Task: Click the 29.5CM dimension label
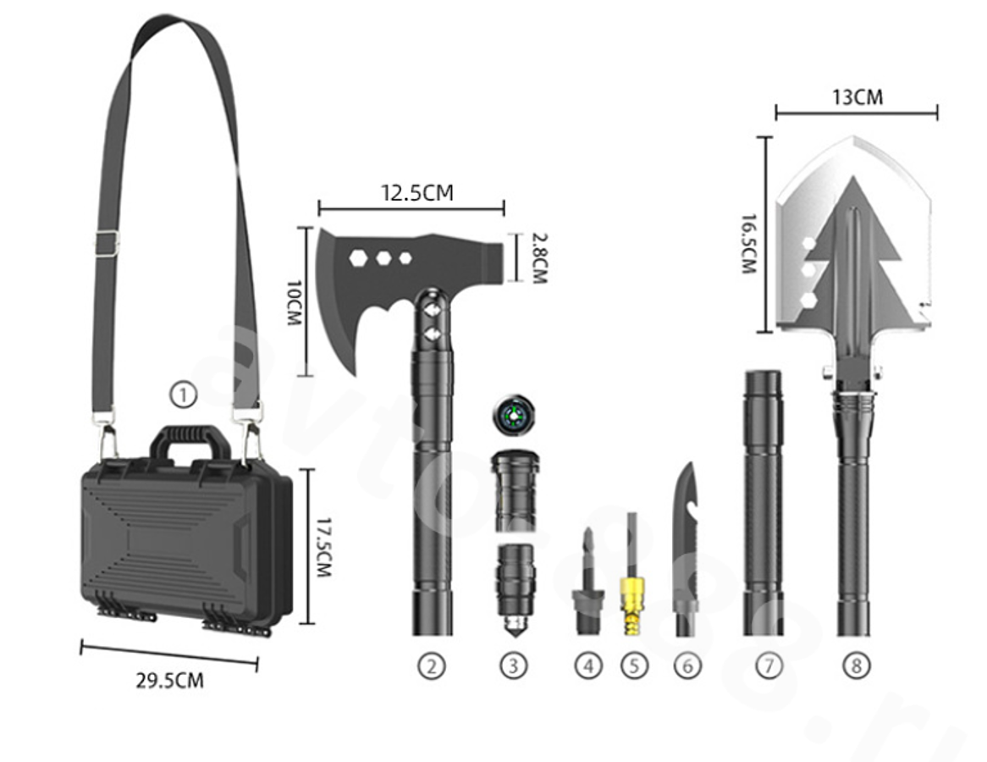click(170, 681)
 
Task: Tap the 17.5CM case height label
click(323, 548)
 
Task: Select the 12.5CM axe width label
click(417, 192)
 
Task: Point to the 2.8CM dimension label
click(539, 258)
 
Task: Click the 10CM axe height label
click(294, 303)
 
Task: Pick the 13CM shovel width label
click(857, 97)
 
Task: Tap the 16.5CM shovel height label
click(747, 244)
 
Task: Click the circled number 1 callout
click(183, 395)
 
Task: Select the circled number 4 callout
click(588, 665)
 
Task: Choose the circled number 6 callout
click(687, 665)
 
